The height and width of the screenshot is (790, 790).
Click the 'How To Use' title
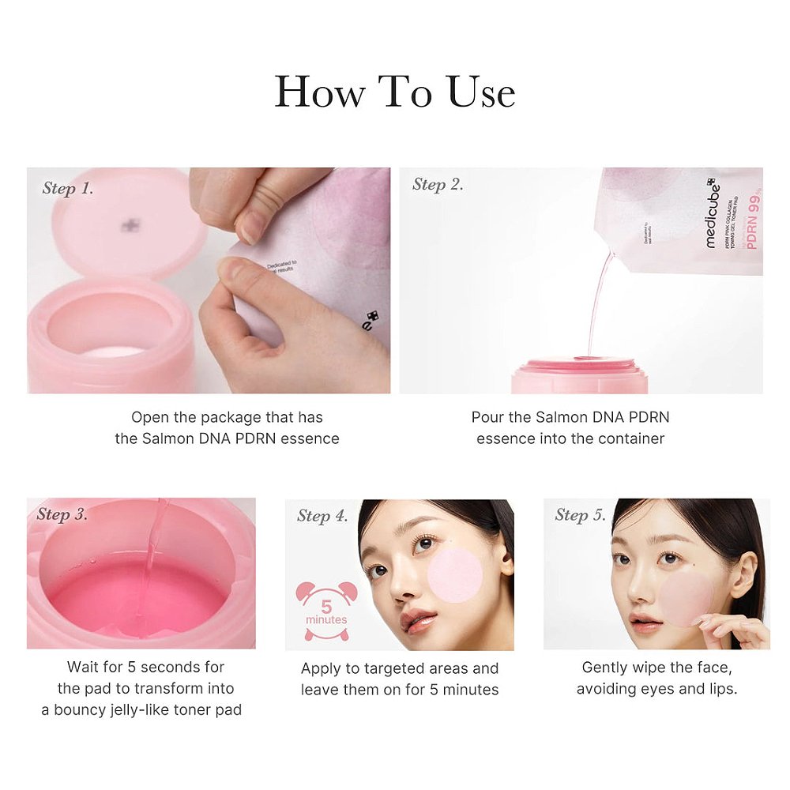point(395,92)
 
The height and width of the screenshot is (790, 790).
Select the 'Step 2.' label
point(438,185)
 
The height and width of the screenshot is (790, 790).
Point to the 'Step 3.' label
point(62,514)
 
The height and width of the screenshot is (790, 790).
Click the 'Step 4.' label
point(322,516)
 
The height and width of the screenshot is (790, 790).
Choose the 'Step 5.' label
point(580,515)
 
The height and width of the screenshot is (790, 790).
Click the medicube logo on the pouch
point(713,213)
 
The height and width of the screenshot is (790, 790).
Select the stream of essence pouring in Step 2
point(598,300)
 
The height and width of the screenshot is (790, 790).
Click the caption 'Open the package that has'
point(227,417)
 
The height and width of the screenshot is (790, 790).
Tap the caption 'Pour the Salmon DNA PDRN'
point(570,417)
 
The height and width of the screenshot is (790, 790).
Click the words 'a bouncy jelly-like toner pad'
point(141,709)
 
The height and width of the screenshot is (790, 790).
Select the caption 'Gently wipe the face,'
point(656,668)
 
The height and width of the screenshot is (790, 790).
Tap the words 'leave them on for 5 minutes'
point(400,689)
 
